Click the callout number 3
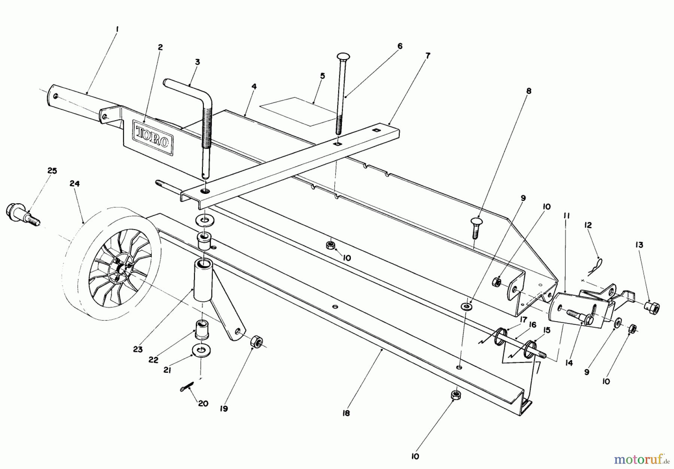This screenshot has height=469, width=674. tap(197, 62)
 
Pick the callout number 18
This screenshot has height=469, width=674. tap(346, 414)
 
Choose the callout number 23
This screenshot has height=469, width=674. tap(137, 349)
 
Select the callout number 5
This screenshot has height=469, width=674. tap(322, 76)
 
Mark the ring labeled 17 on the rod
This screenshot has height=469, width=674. tap(500, 335)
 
